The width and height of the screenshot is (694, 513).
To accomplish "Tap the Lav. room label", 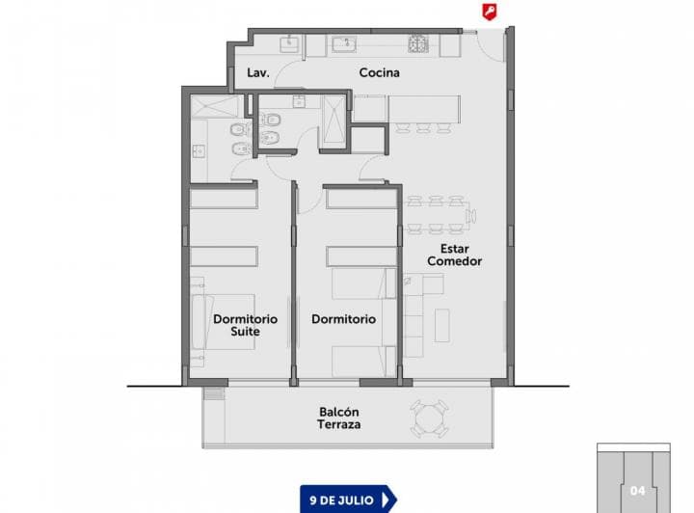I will pos(256,73).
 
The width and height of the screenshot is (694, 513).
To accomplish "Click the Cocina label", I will pos(380,73).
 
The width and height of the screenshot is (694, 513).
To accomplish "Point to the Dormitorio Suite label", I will pos(245,325).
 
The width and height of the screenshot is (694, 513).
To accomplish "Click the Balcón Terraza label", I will pos(339,418).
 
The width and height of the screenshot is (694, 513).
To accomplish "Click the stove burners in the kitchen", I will pos(418,43).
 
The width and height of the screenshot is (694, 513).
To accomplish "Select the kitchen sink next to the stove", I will pos(343,43).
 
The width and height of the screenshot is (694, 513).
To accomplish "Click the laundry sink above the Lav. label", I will pos(288,42).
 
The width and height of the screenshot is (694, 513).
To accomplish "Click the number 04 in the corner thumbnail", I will pos(636,490).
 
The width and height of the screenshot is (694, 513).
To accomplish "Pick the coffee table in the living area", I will pos(442,324).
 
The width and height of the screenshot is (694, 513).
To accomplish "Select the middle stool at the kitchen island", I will pos(422,126).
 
